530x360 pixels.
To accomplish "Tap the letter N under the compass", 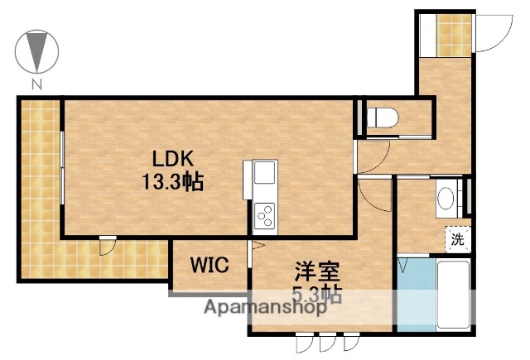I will pyautogui.click(x=36, y=84).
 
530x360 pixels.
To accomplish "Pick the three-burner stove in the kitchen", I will pyautogui.click(x=266, y=217).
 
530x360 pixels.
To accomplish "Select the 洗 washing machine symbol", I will pyautogui.click(x=457, y=240).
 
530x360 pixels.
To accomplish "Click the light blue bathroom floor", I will pyautogui.click(x=414, y=294).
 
